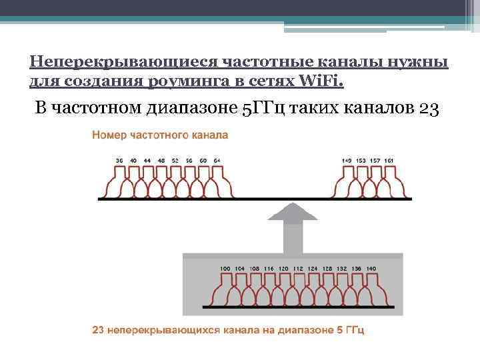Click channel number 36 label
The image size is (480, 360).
(x=119, y=161)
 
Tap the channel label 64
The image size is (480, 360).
(x=217, y=161)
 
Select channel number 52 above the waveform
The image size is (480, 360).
(x=175, y=161)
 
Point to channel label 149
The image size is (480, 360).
(x=347, y=161)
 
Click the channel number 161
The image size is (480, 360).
(x=389, y=161)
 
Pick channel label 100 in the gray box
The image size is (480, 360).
(x=225, y=269)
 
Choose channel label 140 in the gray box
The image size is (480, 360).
(x=371, y=269)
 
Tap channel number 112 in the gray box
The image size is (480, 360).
(x=298, y=269)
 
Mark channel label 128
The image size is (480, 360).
(x=327, y=269)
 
